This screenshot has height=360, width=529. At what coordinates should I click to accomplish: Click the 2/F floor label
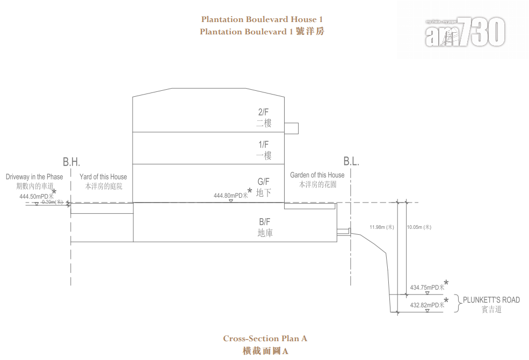pos(264,112)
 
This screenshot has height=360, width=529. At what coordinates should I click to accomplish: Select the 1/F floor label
pos(264,145)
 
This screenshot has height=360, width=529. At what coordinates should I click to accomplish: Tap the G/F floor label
pos(264,182)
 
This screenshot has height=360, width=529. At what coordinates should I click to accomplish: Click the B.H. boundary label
pos(71,162)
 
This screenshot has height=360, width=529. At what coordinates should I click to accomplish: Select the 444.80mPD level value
pos(230,196)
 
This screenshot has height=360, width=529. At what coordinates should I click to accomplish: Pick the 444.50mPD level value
pos(36,196)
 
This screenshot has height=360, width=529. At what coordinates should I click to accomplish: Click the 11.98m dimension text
pos(381,227)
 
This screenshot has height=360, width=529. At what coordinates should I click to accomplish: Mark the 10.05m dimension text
pos(419,227)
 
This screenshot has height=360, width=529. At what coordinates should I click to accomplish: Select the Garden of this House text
pos(317,175)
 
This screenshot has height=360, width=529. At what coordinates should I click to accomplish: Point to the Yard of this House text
pos(104,177)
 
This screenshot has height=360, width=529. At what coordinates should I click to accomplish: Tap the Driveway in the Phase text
pos(34,177)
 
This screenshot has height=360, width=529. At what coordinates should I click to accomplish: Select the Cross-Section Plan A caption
pos(265,339)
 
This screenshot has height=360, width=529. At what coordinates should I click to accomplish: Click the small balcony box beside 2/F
pos(291,128)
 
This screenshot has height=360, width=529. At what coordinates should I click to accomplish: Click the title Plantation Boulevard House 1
pos(262,19)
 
